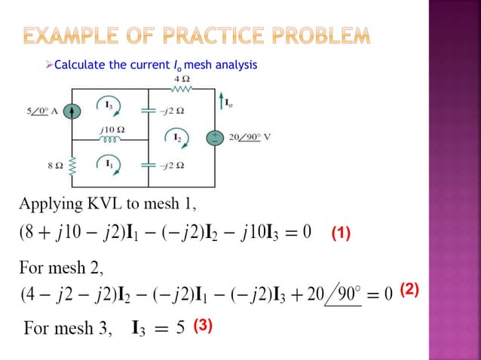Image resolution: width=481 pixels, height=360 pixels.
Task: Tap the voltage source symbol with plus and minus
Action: pyautogui.click(x=216, y=139)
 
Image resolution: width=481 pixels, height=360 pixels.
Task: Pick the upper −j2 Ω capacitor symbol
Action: pyautogui.click(x=148, y=111)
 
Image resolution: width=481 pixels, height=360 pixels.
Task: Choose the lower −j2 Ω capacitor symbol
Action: pyautogui.click(x=148, y=164)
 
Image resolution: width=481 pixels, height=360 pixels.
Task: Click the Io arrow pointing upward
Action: pyautogui.click(x=219, y=101)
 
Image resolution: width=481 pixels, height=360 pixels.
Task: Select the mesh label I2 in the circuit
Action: pyautogui.click(x=176, y=138)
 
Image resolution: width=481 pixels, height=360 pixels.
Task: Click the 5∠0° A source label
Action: pyautogui.click(x=44, y=111)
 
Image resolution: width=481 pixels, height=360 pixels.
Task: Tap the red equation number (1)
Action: pyautogui.click(x=340, y=233)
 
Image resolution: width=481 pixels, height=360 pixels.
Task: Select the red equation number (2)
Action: pyautogui.click(x=409, y=288)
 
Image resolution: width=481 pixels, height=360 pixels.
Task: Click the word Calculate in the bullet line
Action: pyautogui.click(x=81, y=66)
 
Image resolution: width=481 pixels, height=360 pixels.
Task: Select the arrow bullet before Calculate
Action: pyautogui.click(x=51, y=66)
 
